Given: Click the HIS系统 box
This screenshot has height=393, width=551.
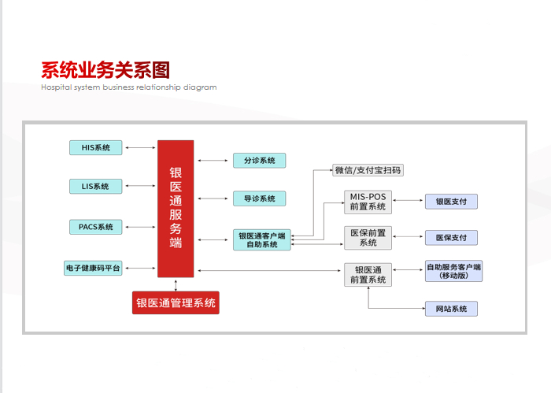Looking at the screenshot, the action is [x=95, y=147].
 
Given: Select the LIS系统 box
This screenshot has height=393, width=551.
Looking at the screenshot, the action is [x=95, y=187].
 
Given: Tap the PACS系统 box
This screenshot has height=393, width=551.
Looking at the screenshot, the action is [x=95, y=227].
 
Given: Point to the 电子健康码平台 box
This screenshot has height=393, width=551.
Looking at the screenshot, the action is [x=93, y=269].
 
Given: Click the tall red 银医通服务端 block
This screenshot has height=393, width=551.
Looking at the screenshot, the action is [x=176, y=209].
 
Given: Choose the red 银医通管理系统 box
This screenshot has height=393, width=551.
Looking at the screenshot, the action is [x=176, y=302].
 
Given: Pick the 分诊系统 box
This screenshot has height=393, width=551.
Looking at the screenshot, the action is [x=259, y=161].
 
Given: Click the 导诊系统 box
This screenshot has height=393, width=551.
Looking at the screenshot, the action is [x=259, y=198].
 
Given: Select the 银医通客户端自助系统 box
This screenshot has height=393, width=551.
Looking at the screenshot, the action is [x=262, y=240].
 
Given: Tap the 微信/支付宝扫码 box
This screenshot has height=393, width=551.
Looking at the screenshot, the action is [x=368, y=170].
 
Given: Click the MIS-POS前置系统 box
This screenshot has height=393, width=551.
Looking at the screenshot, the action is [x=368, y=202].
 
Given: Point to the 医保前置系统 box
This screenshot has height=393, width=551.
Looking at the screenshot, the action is [x=368, y=238].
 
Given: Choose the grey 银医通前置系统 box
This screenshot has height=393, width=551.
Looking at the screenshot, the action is [x=368, y=275].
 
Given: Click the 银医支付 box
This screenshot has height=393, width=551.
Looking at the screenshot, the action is [x=451, y=202].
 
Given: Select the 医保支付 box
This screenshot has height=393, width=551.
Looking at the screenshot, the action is [x=451, y=238].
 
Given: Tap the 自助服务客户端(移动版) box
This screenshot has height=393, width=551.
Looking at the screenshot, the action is [x=453, y=271].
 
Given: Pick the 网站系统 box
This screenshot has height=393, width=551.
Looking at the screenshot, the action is [x=451, y=309].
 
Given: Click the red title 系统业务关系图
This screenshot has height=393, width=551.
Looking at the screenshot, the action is [x=105, y=70].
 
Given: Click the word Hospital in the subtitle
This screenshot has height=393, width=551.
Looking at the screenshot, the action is [x=56, y=87].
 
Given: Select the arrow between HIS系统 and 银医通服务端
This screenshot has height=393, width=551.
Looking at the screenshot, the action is [x=140, y=147].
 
